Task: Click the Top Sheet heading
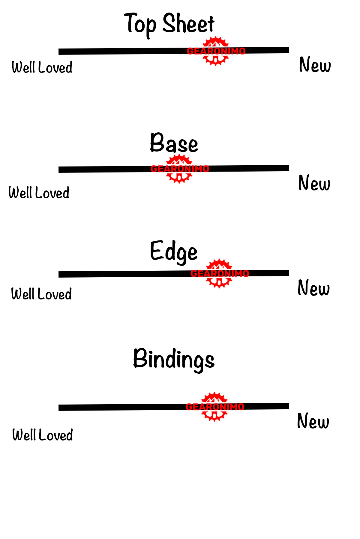pyautogui.click(x=169, y=24)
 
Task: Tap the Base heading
pyautogui.click(x=174, y=143)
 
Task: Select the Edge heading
pyautogui.click(x=174, y=252)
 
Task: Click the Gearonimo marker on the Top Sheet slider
pyautogui.click(x=216, y=51)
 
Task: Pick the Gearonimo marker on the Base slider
pyautogui.click(x=179, y=169)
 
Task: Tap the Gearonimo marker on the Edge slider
pyautogui.click(x=220, y=273)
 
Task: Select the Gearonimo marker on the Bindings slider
pyautogui.click(x=215, y=406)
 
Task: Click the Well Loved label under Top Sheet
pyautogui.click(x=42, y=67)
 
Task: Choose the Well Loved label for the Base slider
pyautogui.click(x=39, y=193)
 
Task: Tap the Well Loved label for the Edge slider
pyautogui.click(x=41, y=294)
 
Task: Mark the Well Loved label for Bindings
pyautogui.click(x=43, y=435)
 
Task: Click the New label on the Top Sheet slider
pyautogui.click(x=315, y=65)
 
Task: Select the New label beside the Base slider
pyautogui.click(x=314, y=183)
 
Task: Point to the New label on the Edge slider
pyautogui.click(x=313, y=288)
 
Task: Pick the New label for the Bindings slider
pyautogui.click(x=313, y=421)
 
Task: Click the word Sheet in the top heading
pyautogui.click(x=188, y=24)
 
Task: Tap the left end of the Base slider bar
pyautogui.click(x=60, y=170)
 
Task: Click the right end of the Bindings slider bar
pyautogui.click(x=287, y=406)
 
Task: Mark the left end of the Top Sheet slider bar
pyautogui.click(x=60, y=52)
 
